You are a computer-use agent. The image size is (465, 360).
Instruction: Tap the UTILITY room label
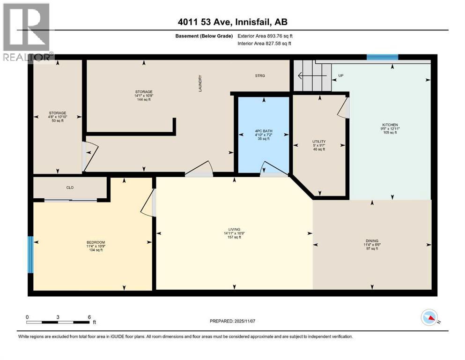click(x=319, y=142)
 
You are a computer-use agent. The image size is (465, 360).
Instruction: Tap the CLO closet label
click(x=70, y=187)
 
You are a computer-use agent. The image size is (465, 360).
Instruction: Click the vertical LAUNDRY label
click(x=200, y=83)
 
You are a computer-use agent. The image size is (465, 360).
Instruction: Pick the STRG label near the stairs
click(x=260, y=75)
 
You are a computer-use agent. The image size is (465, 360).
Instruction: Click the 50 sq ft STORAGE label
click(x=59, y=113)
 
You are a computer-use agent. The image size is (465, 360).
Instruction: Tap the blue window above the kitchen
click(x=382, y=57)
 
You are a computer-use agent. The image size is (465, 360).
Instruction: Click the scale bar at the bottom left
click(x=58, y=322)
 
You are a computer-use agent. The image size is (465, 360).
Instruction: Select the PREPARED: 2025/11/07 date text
click(x=233, y=321)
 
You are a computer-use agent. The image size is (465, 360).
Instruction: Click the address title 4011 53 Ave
click(x=232, y=21)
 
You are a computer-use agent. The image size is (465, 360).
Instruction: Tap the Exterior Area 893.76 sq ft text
click(x=266, y=36)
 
